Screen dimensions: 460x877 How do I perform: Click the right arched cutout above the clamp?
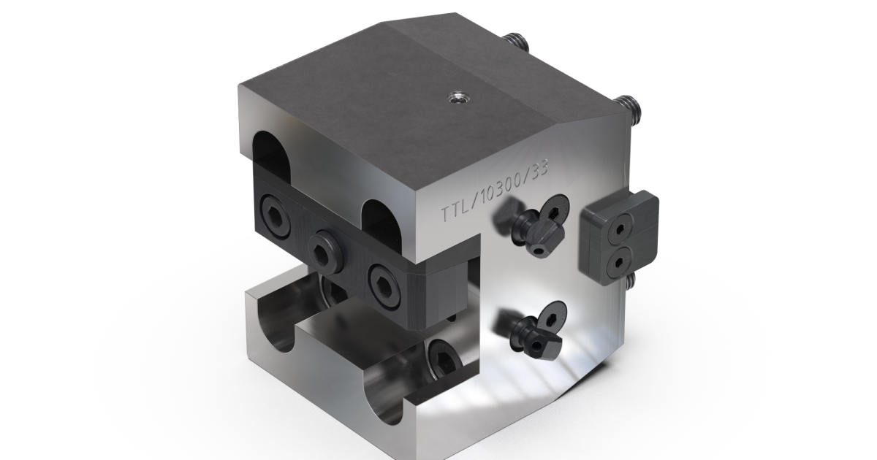coord(383,220)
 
